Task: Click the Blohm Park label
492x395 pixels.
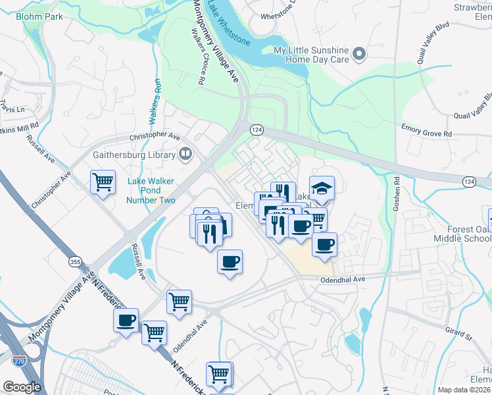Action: pos(41,16)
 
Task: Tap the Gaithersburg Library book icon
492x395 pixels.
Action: pos(186,155)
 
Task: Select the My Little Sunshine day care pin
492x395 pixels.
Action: pos(359,54)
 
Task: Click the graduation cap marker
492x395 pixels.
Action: pos(322,189)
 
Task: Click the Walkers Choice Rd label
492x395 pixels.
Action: pos(195,57)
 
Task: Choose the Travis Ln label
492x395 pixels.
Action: pos(12,106)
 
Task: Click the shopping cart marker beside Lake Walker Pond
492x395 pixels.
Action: pos(103,182)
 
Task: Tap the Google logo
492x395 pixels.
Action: pos(22,387)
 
